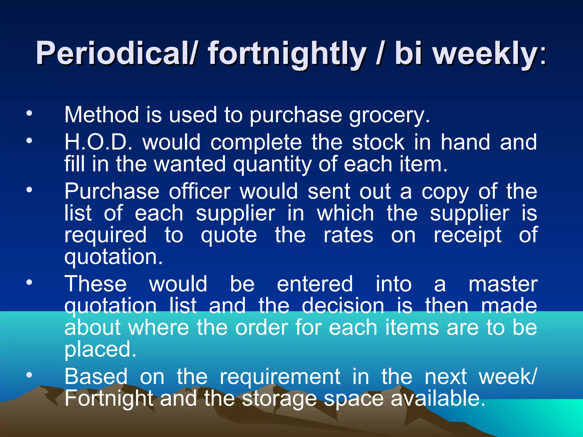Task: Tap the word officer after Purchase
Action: [x=200, y=191]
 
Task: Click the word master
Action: [x=503, y=284]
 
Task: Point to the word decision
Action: [x=343, y=306]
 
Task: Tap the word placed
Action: [x=100, y=349]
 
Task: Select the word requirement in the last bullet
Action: [x=280, y=377]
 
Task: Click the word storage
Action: [x=279, y=399]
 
